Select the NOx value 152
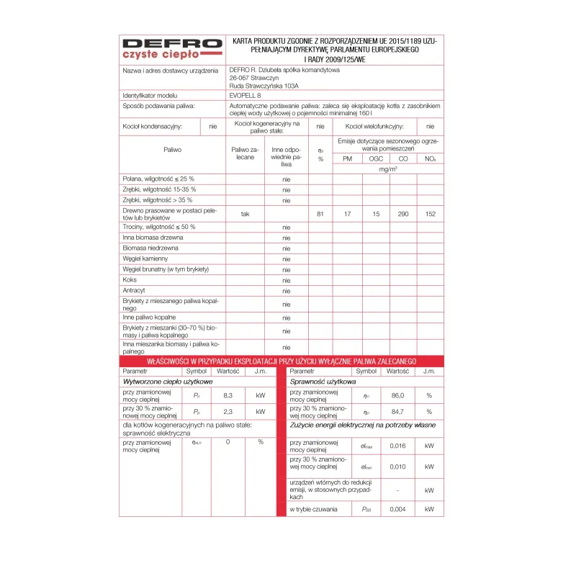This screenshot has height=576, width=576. tap(430, 214)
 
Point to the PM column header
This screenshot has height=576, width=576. tap(347, 158)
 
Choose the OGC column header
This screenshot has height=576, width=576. tap(375, 158)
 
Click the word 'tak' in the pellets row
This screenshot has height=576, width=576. tap(245, 214)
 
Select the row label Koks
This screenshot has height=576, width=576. tap(130, 280)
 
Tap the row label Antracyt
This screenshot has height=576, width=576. tap(135, 291)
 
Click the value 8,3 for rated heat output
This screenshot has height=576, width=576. tap(228, 395)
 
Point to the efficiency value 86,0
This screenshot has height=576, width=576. tap(397, 395)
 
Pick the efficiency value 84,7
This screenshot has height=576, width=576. tap(397, 412)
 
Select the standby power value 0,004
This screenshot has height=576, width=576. tap(397, 510)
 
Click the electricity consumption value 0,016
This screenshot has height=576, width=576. tap(397, 446)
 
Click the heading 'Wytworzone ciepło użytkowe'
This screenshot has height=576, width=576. tap(168, 382)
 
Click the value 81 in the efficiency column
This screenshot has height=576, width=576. tap(320, 214)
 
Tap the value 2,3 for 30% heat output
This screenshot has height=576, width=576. tap(228, 412)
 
